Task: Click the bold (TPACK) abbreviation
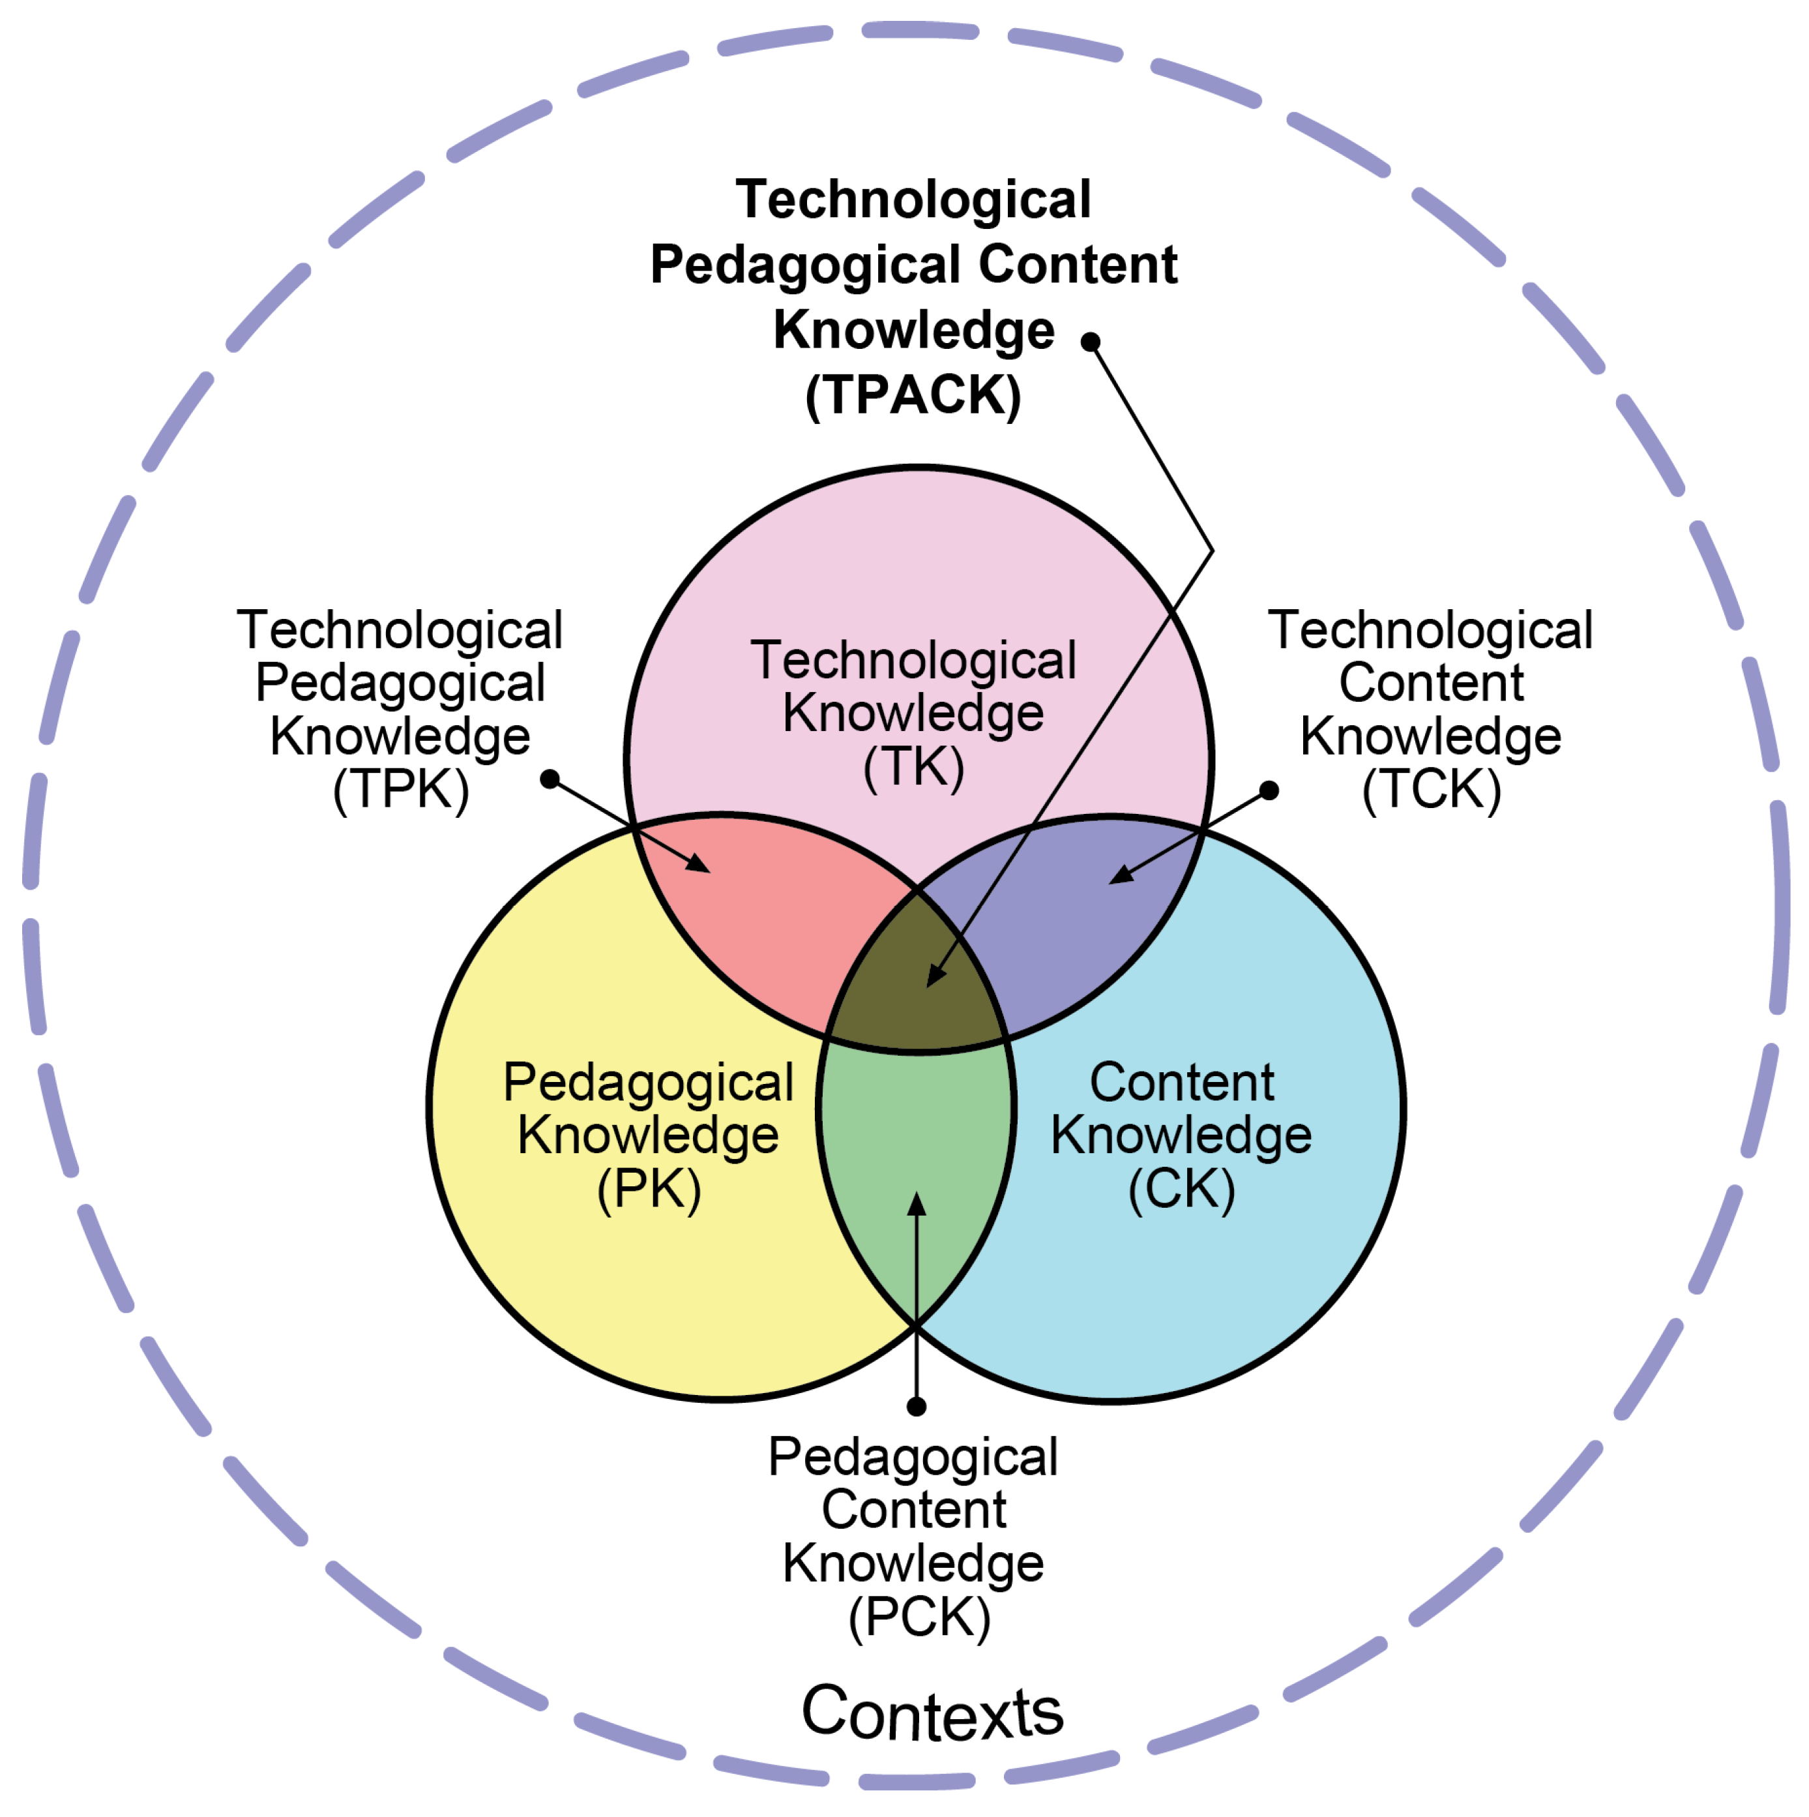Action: click(x=913, y=395)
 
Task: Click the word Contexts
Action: click(x=932, y=1713)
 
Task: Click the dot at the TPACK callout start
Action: click(x=1091, y=341)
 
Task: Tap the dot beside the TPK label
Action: click(x=550, y=779)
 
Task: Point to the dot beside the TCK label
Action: click(x=1269, y=790)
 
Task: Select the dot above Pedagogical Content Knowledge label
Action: click(x=917, y=1406)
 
